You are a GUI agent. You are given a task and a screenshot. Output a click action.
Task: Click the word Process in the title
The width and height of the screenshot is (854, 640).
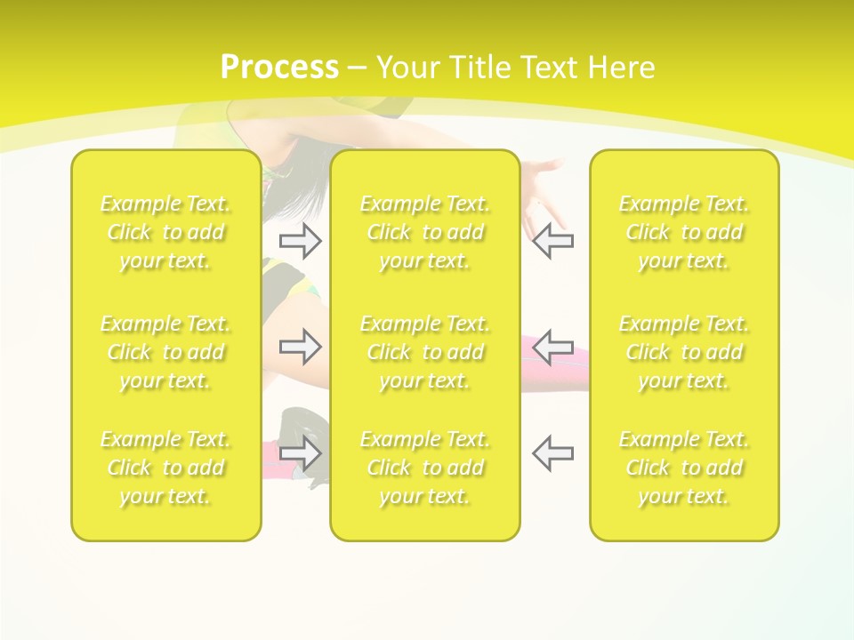pos(279,68)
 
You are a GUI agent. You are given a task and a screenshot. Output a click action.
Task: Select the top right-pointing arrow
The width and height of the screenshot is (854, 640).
pos(301,240)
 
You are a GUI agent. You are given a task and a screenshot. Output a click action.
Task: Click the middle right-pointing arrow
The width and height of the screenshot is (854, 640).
pos(301,347)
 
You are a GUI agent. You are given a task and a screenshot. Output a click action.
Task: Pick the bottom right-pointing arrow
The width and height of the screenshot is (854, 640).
pos(301,452)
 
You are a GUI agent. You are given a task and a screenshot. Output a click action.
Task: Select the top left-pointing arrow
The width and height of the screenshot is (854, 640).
pos(552,240)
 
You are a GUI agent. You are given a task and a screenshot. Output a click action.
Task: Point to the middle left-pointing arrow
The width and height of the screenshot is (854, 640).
pos(552,347)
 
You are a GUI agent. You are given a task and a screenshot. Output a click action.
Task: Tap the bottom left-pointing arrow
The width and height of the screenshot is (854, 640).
pos(552,452)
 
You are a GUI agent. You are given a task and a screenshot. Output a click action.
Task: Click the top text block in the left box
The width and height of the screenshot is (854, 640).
pos(165,232)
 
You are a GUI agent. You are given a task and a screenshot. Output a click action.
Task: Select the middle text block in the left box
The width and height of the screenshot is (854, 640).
pos(165,352)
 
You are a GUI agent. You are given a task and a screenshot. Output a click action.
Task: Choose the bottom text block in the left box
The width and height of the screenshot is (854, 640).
pos(165,468)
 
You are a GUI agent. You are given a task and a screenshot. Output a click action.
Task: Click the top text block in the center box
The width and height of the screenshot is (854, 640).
pos(424,232)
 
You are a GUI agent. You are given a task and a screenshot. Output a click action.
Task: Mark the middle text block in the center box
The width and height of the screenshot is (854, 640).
pos(424,352)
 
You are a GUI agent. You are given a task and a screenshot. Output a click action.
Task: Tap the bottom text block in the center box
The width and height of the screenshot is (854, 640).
pos(424,468)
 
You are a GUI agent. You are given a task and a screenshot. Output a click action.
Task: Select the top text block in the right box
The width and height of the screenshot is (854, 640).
pos(684,232)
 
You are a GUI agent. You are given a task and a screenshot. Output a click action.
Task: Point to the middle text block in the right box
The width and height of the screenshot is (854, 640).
pos(684,352)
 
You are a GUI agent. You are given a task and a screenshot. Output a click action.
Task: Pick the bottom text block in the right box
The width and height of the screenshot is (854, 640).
pos(684,468)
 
